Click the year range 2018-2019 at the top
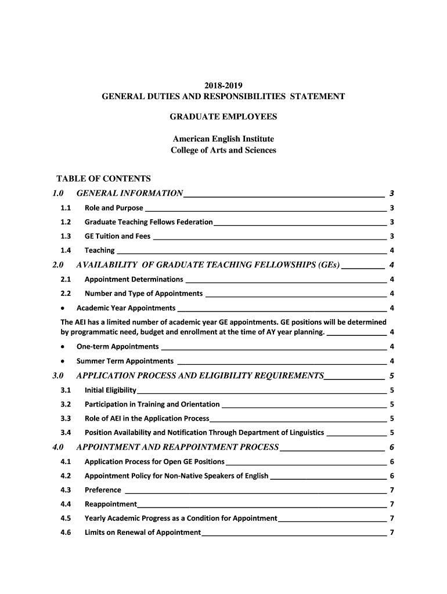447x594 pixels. pyautogui.click(x=223, y=85)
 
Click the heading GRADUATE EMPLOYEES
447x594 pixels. pyautogui.click(x=223, y=117)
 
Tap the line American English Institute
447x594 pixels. pyautogui.click(x=223, y=139)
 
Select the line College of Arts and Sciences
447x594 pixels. pyautogui.click(x=223, y=150)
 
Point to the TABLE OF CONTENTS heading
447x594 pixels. pyautogui.click(x=103, y=178)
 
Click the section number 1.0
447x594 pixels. pyautogui.click(x=57, y=193)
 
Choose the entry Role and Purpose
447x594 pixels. pyautogui.click(x=114, y=208)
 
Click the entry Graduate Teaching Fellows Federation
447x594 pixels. pyautogui.click(x=149, y=222)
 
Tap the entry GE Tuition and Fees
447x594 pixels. pyautogui.click(x=117, y=236)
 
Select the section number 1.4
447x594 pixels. pyautogui.click(x=66, y=251)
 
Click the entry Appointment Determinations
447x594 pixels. pyautogui.click(x=134, y=280)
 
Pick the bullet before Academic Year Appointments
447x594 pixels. pyautogui.click(x=63, y=308)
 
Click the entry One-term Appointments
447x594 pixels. pyautogui.click(x=117, y=347)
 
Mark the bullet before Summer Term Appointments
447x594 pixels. pyautogui.click(x=63, y=361)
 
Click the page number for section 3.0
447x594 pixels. pyautogui.click(x=393, y=376)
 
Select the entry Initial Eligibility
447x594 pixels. pyautogui.click(x=110, y=390)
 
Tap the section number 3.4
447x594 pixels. pyautogui.click(x=66, y=433)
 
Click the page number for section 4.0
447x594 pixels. pyautogui.click(x=393, y=448)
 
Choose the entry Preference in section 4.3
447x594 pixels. pyautogui.click(x=103, y=490)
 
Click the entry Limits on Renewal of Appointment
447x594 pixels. pyautogui.click(x=142, y=533)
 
